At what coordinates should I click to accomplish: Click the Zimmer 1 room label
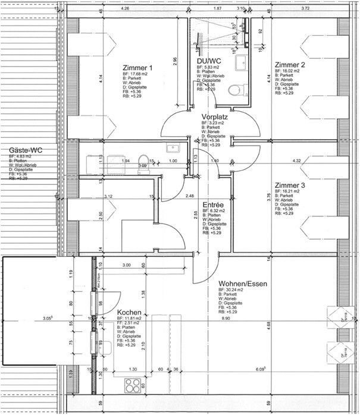[138, 68]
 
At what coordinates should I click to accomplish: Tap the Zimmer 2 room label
[290, 64]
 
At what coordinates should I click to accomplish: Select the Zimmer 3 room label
[290, 186]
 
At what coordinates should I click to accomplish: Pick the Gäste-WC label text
[24, 150]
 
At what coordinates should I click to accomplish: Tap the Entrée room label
[212, 203]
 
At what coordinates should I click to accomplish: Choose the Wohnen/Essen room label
[242, 284]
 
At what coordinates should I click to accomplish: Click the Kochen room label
[129, 313]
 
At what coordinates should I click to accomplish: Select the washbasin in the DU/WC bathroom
[242, 63]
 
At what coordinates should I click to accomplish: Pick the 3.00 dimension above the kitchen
[126, 265]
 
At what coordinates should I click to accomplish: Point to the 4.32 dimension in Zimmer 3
[296, 161]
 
